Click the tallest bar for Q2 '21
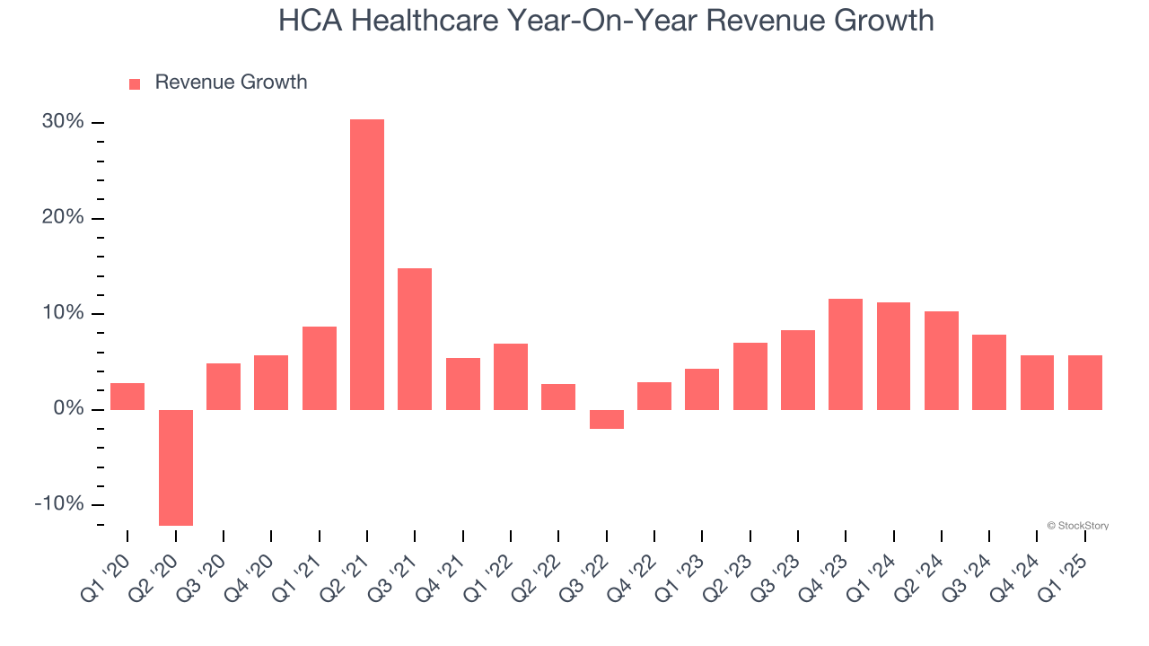(367, 265)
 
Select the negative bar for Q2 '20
(176, 467)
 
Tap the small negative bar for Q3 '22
(607, 419)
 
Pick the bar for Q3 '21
(415, 339)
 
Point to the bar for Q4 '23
(846, 354)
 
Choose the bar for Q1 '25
(1085, 382)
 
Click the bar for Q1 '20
(127, 396)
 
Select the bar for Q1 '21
(320, 368)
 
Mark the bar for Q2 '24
(942, 361)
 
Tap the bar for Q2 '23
(750, 376)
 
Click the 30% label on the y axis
(63, 122)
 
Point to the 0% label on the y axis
(68, 409)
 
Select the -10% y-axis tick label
(59, 504)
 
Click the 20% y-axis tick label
(63, 218)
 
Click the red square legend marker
(135, 84)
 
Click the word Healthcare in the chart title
(426, 20)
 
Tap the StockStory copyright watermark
(1077, 526)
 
